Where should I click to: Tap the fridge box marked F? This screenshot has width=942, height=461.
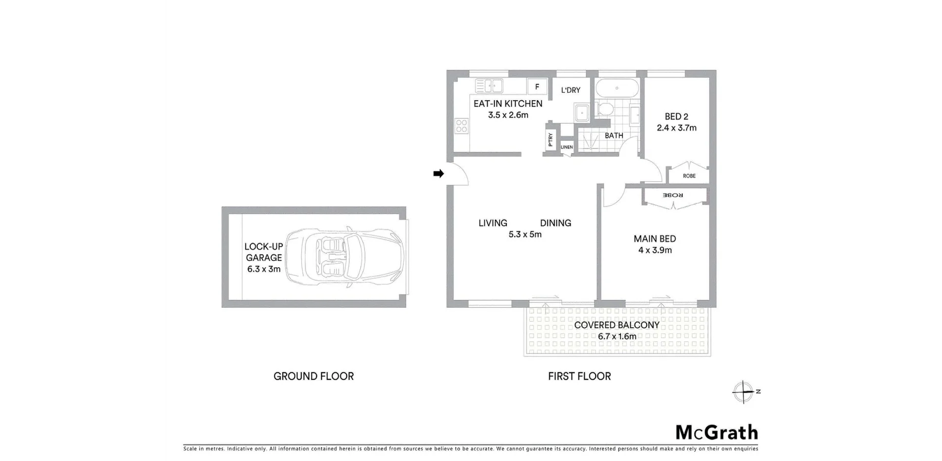click(x=537, y=87)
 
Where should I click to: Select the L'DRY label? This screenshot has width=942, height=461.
click(x=571, y=90)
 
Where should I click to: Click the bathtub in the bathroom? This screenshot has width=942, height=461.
click(x=617, y=89)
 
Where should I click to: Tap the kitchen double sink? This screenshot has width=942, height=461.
click(x=489, y=86)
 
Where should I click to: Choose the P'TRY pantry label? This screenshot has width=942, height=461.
click(x=550, y=139)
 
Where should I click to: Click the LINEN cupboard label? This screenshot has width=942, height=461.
click(x=567, y=147)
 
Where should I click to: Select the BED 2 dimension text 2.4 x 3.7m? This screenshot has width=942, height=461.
click(x=677, y=128)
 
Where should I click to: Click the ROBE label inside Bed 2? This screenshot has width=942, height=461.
click(x=689, y=176)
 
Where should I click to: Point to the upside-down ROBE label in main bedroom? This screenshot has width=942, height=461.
click(x=673, y=195)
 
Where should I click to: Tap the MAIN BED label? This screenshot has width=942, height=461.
click(x=654, y=239)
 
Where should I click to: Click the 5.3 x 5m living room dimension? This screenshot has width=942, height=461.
click(x=525, y=234)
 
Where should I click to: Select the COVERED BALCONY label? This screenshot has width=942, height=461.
click(x=617, y=325)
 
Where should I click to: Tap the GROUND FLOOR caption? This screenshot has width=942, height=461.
click(x=314, y=376)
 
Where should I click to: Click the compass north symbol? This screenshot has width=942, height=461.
click(x=744, y=392)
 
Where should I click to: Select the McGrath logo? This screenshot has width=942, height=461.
click(x=717, y=433)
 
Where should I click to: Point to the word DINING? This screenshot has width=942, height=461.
click(x=555, y=223)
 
